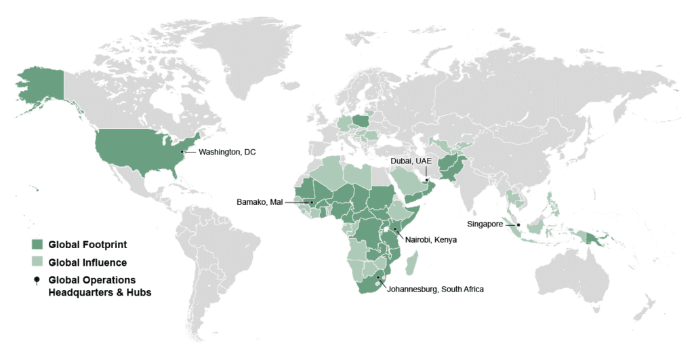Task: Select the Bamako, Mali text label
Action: (259, 202)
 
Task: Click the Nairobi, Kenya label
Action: (430, 239)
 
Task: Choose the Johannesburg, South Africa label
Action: (435, 289)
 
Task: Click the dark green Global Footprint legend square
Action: (37, 244)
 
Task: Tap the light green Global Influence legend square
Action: (37, 262)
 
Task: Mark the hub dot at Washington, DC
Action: (182, 152)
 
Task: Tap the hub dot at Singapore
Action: (518, 224)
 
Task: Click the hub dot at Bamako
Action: (311, 202)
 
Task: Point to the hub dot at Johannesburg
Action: (377, 277)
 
